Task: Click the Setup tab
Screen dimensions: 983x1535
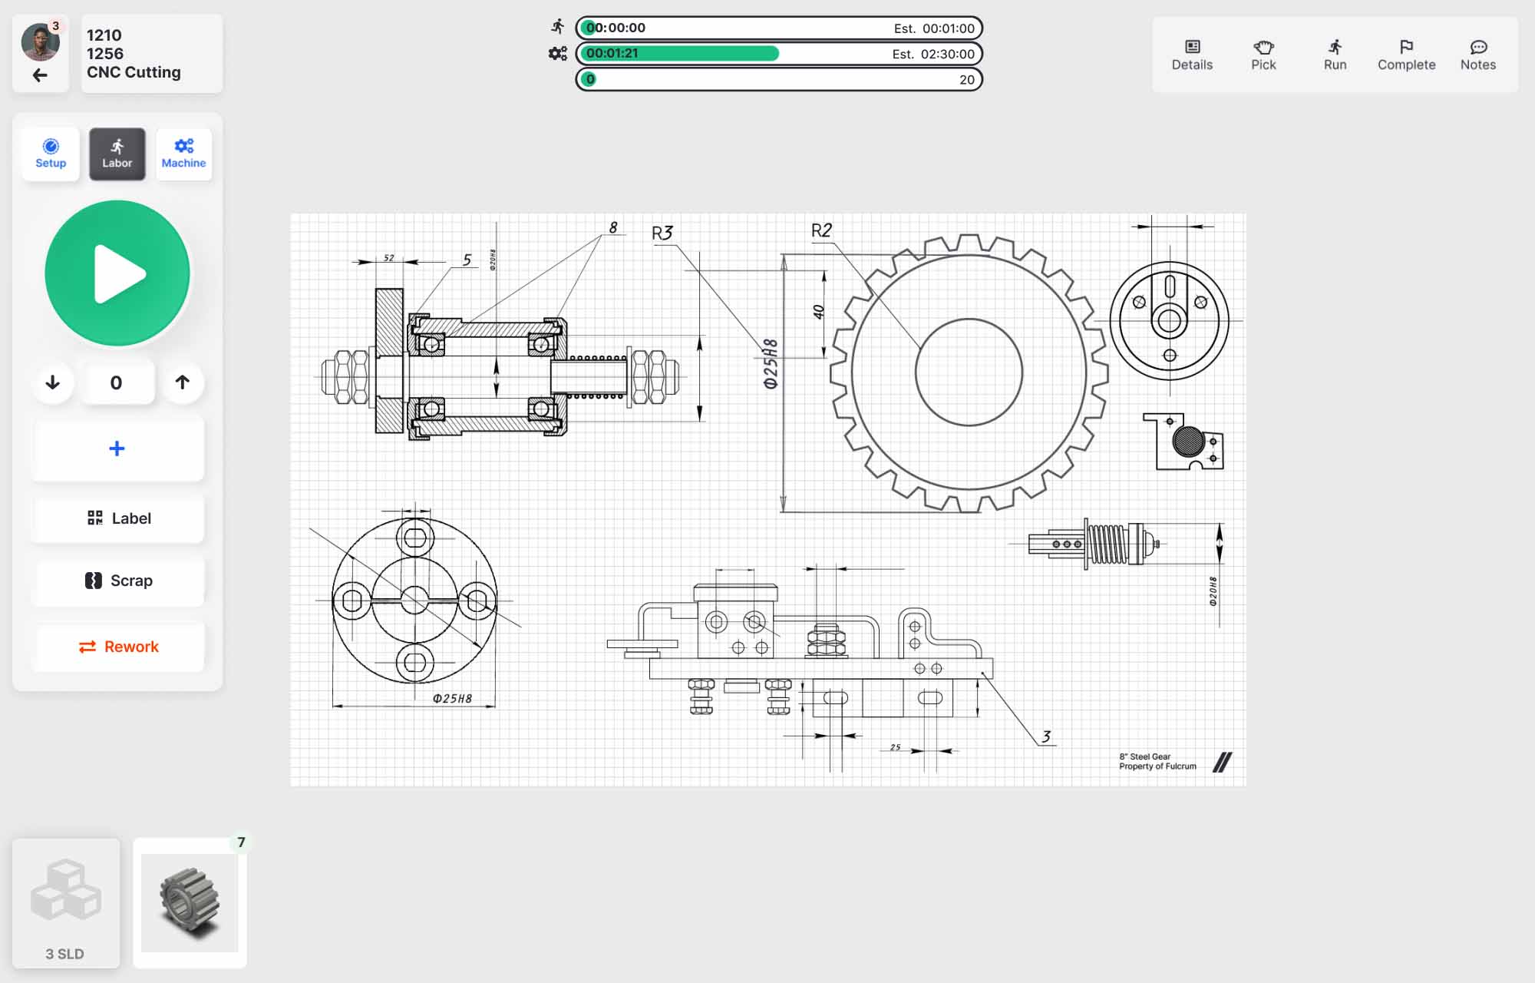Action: (51, 154)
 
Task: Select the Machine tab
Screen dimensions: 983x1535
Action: (183, 154)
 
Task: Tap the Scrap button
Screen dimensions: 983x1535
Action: (118, 581)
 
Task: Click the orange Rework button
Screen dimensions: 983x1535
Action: (118, 647)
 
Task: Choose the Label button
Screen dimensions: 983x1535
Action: (118, 518)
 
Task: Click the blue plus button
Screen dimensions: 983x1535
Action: (117, 448)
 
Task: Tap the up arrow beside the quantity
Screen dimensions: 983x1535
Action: (182, 382)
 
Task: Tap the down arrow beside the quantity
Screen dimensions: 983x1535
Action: (52, 382)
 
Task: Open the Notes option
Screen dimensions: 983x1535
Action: (1477, 55)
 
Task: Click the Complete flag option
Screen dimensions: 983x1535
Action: (1406, 55)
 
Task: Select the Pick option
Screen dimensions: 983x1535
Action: (1263, 55)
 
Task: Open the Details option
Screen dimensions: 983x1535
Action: (1192, 55)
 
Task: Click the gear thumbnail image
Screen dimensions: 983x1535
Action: (190, 903)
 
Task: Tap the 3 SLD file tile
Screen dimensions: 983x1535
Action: (66, 903)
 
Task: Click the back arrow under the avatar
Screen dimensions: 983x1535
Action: (40, 75)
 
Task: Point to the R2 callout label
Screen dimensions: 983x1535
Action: (821, 230)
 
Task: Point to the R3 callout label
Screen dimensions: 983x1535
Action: (662, 233)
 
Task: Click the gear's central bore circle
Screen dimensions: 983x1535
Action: (969, 372)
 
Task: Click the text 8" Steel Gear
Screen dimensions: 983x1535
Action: (1144, 756)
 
